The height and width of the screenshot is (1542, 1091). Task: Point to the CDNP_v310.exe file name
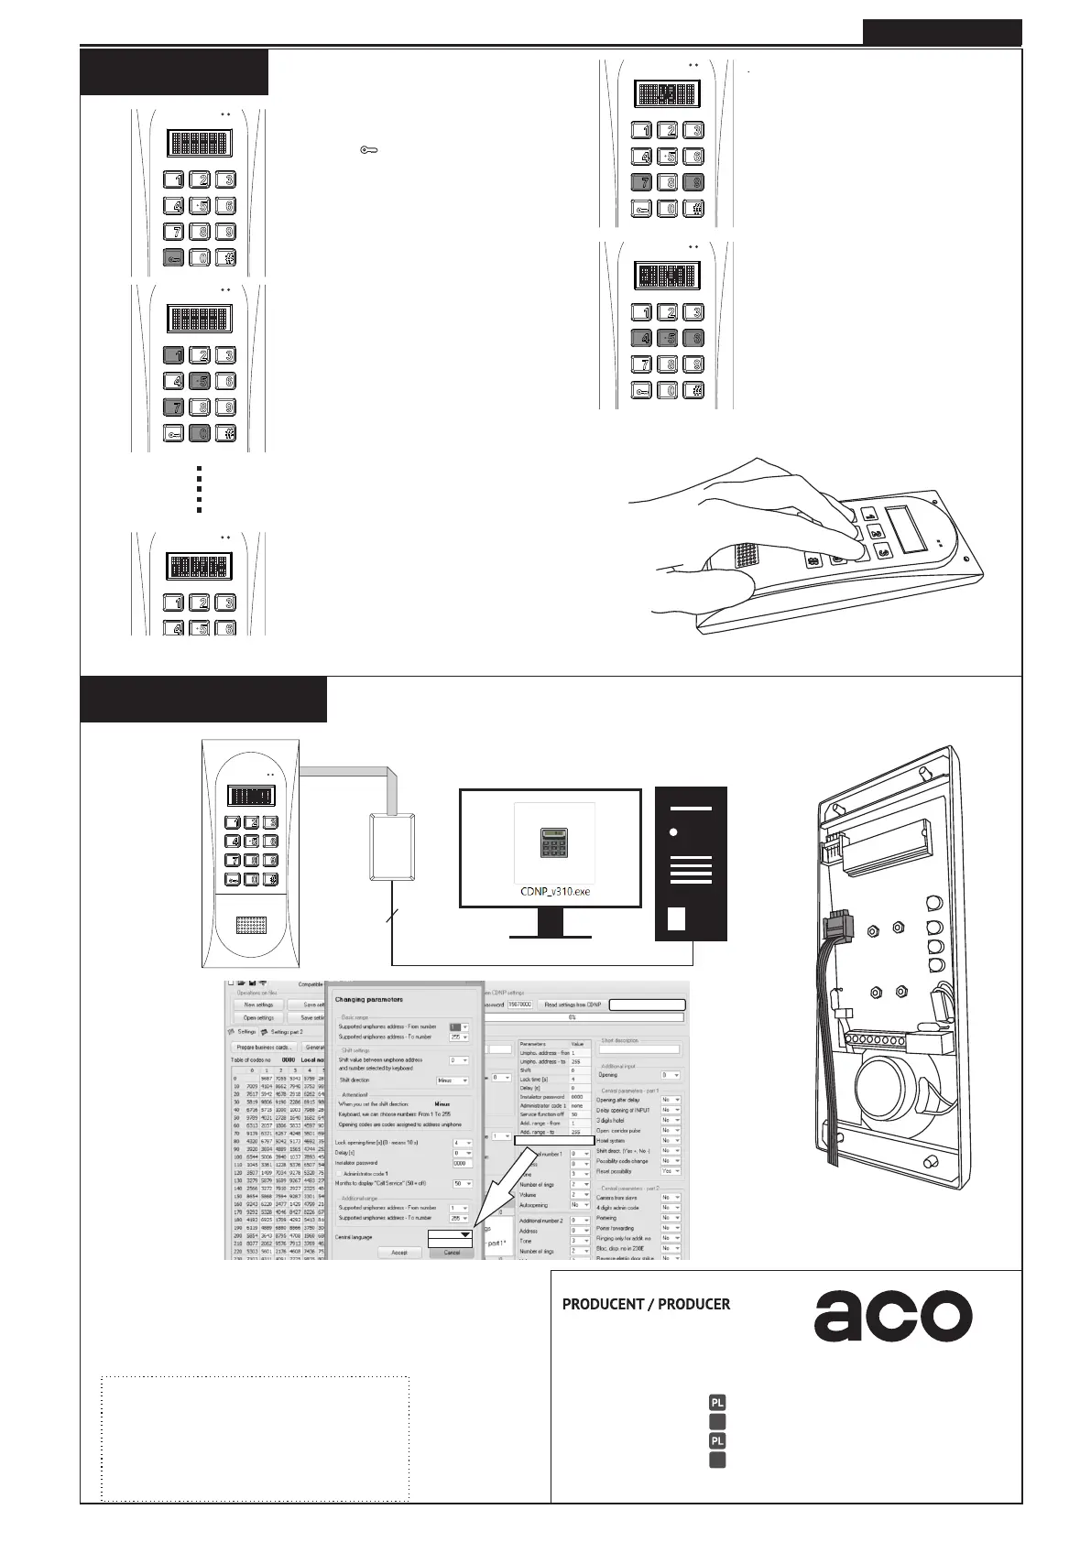click(555, 891)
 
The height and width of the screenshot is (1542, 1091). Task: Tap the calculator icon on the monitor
click(554, 844)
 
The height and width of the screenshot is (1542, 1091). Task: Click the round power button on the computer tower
click(675, 832)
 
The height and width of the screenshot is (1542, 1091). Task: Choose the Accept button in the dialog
click(399, 1253)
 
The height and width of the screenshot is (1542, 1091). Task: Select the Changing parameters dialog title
click(369, 999)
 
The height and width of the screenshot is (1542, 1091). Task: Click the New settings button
click(258, 1004)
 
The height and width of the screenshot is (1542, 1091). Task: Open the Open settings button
click(258, 1017)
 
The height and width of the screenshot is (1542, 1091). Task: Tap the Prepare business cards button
click(264, 1047)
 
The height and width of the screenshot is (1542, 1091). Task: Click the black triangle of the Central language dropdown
click(465, 1235)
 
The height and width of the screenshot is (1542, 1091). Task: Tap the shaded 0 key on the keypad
click(199, 433)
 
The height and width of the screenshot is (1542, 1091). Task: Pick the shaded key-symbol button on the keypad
click(173, 258)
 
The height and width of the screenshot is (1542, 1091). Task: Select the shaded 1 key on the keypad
click(173, 355)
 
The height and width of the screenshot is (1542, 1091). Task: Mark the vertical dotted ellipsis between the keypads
click(199, 489)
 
